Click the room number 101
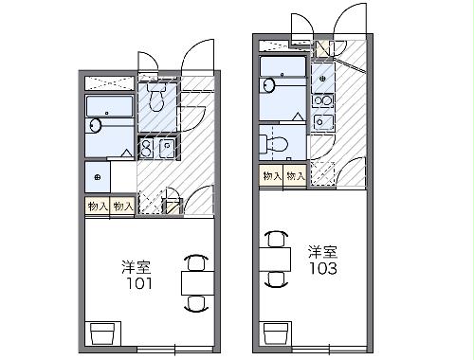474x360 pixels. (x=139, y=283)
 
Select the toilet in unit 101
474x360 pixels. (x=155, y=95)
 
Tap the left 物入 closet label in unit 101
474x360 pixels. (x=98, y=206)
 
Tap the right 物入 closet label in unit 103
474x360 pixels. (x=295, y=175)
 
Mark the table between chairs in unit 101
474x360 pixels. (x=195, y=282)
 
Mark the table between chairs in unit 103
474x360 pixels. (x=274, y=258)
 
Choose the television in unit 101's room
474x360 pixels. (x=101, y=333)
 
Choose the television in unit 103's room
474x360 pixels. (x=275, y=332)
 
